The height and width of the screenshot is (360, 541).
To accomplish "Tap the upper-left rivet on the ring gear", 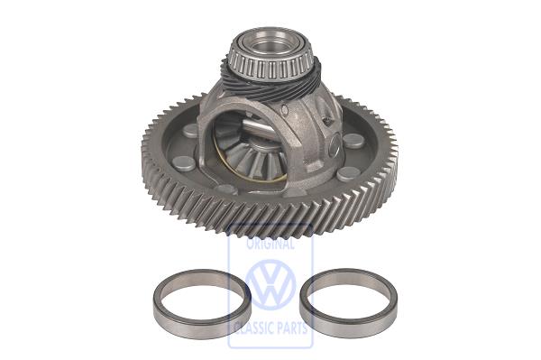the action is (x=190, y=131).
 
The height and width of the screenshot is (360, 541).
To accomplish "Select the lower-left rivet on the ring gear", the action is (x=184, y=163).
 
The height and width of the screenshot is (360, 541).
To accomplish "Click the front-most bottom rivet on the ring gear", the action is (x=226, y=189).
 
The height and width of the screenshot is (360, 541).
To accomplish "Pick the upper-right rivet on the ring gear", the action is (x=353, y=141).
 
